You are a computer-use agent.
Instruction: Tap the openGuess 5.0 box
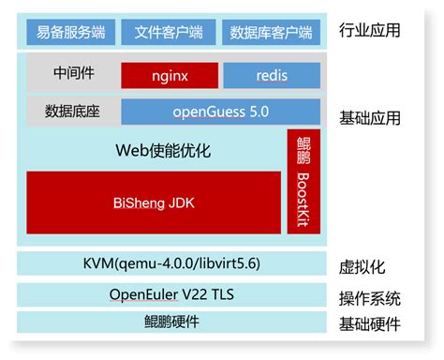point(220,112)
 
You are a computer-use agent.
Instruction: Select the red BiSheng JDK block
point(154,202)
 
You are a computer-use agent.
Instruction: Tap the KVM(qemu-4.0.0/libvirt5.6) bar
point(172,263)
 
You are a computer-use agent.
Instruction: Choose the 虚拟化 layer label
point(363,267)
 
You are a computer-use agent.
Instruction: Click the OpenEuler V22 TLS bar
point(172,295)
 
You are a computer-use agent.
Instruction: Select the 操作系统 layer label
point(369,299)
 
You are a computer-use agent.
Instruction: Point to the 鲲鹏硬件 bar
point(172,322)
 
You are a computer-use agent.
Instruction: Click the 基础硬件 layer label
point(369,325)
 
